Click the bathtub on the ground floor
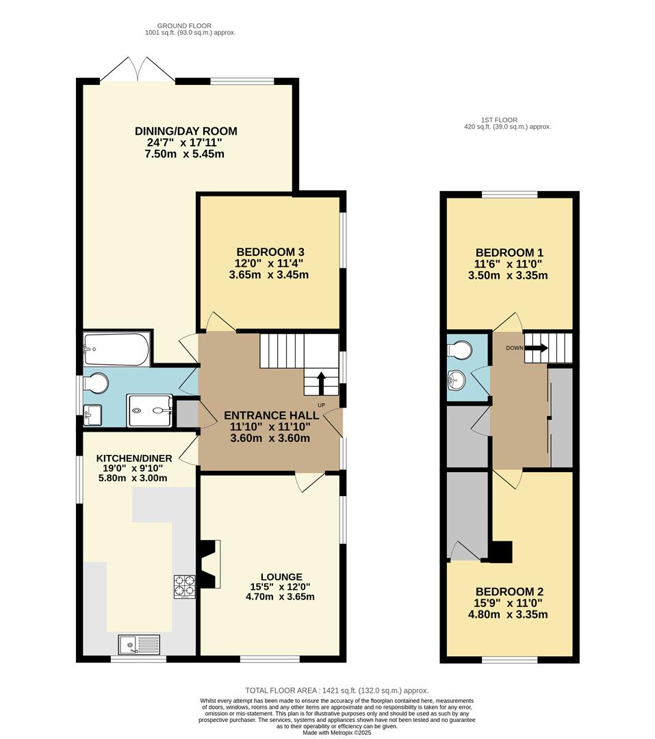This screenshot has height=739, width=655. point(116,349)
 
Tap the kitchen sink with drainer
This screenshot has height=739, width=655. point(139,645)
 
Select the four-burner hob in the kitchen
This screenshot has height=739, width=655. point(184,586)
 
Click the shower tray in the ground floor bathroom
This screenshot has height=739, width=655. point(149,411)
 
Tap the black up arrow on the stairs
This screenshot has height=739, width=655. point(320,383)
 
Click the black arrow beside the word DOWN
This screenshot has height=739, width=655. point(539,348)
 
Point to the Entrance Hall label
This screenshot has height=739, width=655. point(271,415)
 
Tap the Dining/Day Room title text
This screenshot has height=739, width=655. point(185,131)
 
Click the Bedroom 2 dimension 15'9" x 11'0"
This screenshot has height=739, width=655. point(512,603)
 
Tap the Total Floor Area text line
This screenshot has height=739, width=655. point(337,690)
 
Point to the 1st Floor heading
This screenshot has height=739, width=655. point(507,119)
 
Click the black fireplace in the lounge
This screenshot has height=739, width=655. point(209,564)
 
